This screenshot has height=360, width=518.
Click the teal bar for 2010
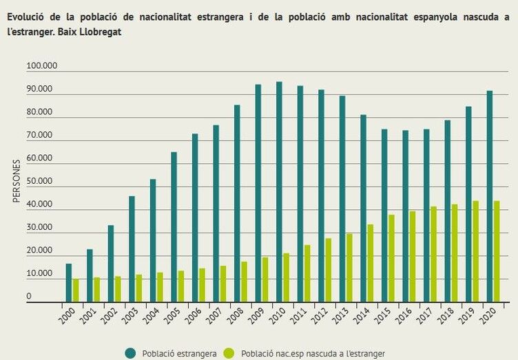(279, 192)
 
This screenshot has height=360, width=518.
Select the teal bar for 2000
(69, 283)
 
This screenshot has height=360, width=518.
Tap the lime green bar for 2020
(496, 251)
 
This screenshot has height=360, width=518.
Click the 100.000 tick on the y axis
(41, 66)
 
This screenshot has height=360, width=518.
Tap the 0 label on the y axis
(29, 297)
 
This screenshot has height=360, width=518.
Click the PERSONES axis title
(17, 180)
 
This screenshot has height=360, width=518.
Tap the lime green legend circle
(229, 353)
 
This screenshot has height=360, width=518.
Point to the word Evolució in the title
(28, 18)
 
